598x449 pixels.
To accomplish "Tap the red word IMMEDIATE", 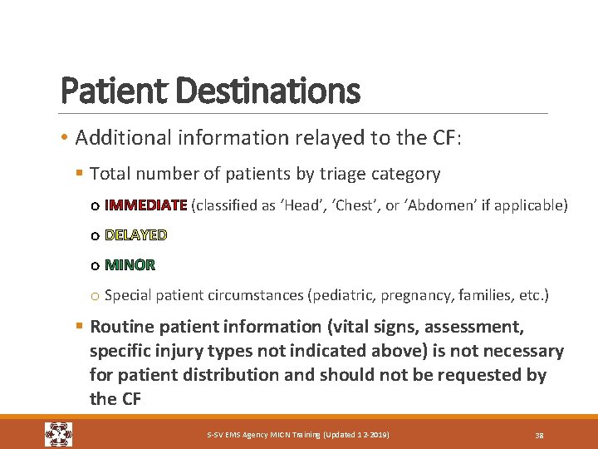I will (x=146, y=205).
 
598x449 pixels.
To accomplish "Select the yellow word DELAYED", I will (x=135, y=235).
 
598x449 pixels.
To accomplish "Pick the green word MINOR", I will (x=130, y=265).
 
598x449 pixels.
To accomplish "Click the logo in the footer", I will (x=58, y=435).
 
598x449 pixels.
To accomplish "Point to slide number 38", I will (x=539, y=436).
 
